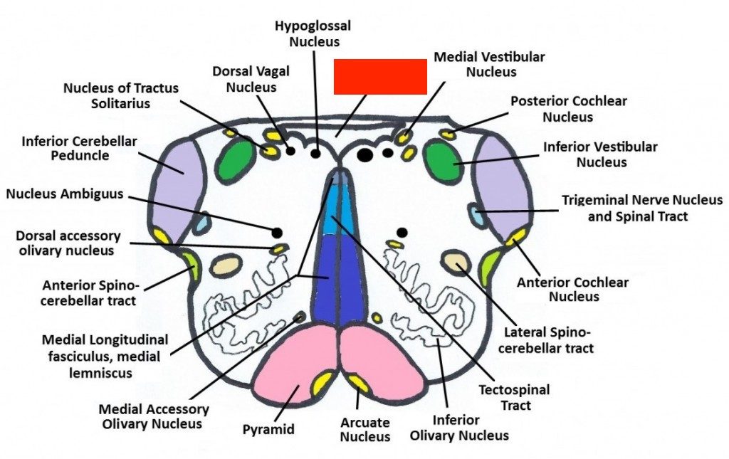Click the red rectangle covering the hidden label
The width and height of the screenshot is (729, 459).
(380, 77)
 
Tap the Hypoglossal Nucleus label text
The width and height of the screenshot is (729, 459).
(313, 33)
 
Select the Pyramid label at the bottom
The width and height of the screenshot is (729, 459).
(268, 429)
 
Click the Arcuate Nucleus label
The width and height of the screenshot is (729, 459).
(364, 429)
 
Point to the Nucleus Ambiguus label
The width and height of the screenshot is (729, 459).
(65, 194)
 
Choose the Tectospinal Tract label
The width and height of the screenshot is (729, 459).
(514, 397)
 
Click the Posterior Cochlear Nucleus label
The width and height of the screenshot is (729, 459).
(568, 108)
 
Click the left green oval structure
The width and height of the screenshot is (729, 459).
(238, 157)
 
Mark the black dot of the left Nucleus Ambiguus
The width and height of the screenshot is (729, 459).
(277, 233)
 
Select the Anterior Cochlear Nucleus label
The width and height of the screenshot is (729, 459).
(572, 290)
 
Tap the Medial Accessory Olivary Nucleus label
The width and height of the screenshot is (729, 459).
(154, 416)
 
